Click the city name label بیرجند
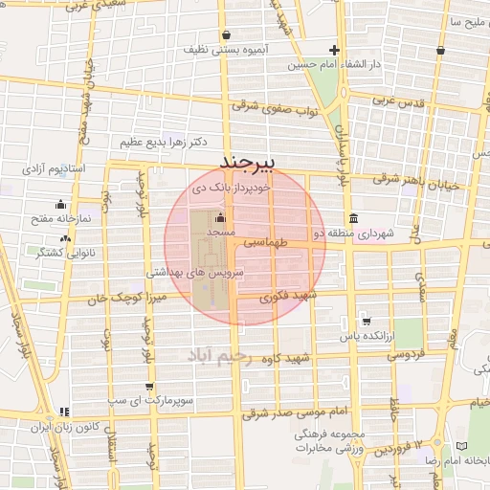[246, 160]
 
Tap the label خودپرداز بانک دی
[229, 189]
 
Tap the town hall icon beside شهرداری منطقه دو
[354, 216]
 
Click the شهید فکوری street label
[280, 299]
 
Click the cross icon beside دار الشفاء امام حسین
[334, 50]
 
